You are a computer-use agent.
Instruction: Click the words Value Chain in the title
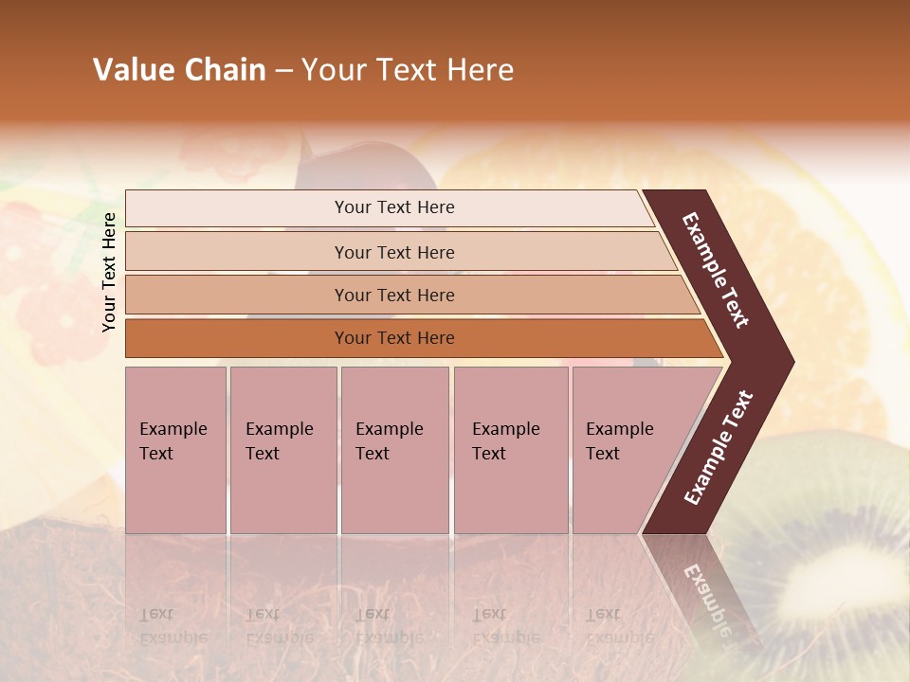click(179, 70)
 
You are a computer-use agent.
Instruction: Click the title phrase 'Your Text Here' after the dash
click(408, 70)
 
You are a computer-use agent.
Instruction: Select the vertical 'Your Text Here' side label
click(109, 272)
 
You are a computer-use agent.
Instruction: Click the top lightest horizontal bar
click(237, 208)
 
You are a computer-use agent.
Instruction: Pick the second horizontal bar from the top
click(237, 252)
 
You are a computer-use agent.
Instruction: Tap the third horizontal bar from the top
click(237, 296)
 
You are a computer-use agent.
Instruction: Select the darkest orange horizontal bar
click(237, 338)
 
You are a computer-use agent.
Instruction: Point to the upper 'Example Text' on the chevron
click(716, 270)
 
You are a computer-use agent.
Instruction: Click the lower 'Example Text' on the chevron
click(719, 447)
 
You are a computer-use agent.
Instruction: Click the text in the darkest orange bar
click(394, 338)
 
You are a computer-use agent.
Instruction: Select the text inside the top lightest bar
click(394, 207)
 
